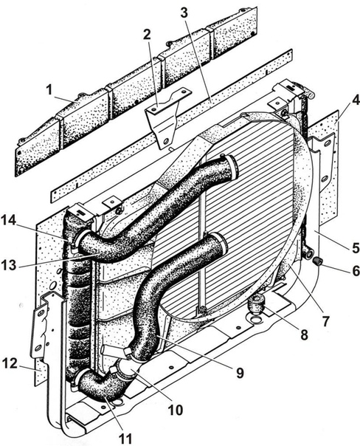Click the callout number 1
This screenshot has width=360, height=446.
coord(49,90)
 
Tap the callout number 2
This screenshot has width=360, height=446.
coord(147,35)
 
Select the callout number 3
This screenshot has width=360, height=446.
coord(184,13)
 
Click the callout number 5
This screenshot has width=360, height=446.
coord(355,247)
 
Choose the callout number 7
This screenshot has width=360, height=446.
coord(326,321)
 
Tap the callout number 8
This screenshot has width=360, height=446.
coord(304,334)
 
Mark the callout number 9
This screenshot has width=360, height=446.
coord(240,373)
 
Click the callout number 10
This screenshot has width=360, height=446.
coord(176,410)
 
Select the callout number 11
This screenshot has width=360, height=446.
coord(125,439)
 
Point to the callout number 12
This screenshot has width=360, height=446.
coord(10,363)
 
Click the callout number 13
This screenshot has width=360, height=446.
coord(9,265)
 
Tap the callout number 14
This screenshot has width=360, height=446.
coord(9,220)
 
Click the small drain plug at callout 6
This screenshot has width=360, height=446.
coord(318,261)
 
